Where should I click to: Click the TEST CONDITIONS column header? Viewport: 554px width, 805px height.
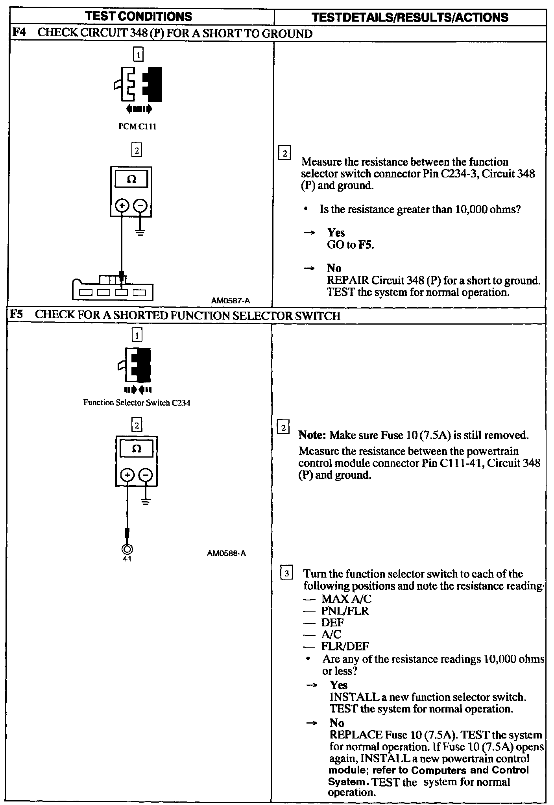(x=139, y=17)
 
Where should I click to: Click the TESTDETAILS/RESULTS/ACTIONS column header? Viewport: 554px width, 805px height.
(x=410, y=17)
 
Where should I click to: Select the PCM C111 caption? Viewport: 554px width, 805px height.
(x=137, y=127)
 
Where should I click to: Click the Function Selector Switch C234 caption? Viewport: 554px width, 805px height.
(x=137, y=403)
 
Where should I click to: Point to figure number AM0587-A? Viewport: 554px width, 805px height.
(x=230, y=301)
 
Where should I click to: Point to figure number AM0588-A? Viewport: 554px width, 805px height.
(x=227, y=553)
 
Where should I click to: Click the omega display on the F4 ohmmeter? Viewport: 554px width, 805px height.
(x=132, y=180)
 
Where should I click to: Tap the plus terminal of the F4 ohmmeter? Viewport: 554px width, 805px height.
(x=122, y=205)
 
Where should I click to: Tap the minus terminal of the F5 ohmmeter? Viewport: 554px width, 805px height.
(x=146, y=475)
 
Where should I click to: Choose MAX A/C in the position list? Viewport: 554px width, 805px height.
(x=346, y=599)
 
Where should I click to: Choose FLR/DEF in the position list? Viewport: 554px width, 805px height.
(x=345, y=646)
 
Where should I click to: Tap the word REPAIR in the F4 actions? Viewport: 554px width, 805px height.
(x=348, y=281)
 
